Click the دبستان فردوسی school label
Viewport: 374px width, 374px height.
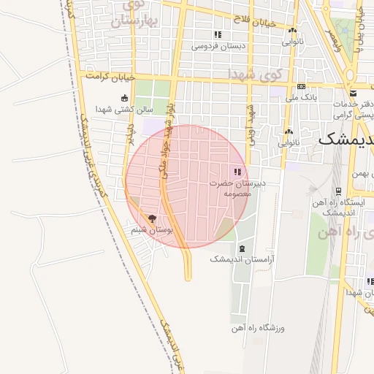[215, 46]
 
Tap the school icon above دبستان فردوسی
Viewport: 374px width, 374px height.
[216, 35]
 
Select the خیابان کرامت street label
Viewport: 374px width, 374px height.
[110, 76]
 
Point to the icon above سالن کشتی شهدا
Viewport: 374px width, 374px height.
[124, 98]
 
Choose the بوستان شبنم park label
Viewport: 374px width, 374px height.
[152, 229]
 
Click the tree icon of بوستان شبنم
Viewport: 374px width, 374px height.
[152, 218]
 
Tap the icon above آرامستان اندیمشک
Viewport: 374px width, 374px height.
[242, 249]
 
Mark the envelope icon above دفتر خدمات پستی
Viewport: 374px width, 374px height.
[353, 93]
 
